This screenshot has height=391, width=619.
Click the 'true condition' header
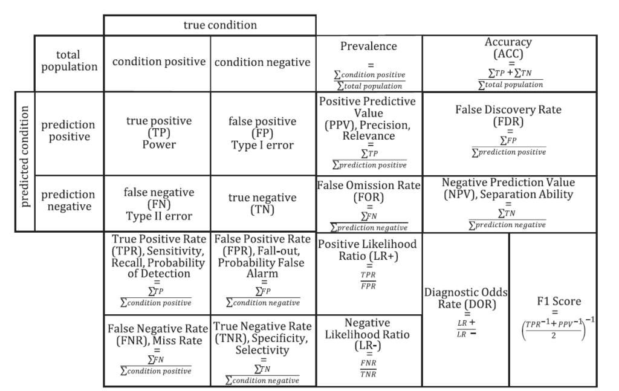220,25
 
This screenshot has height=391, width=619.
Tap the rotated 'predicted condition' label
24,157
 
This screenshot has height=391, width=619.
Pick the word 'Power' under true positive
159,145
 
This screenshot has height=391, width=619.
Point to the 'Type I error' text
262,145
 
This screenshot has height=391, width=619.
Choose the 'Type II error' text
159,216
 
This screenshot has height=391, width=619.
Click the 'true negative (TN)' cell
262,203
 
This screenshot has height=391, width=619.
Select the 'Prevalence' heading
369,46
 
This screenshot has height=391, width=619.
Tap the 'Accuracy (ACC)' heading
508,47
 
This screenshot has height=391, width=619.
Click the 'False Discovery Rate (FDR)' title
508,115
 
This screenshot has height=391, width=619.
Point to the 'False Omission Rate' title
369,185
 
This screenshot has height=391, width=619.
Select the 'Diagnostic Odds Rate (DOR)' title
466,299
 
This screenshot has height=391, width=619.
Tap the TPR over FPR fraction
368,280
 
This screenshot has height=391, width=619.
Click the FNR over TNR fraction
368,368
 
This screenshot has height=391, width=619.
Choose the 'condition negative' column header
262,62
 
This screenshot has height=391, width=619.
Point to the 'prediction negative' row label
69,201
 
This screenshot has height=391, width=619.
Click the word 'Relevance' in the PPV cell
369,136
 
